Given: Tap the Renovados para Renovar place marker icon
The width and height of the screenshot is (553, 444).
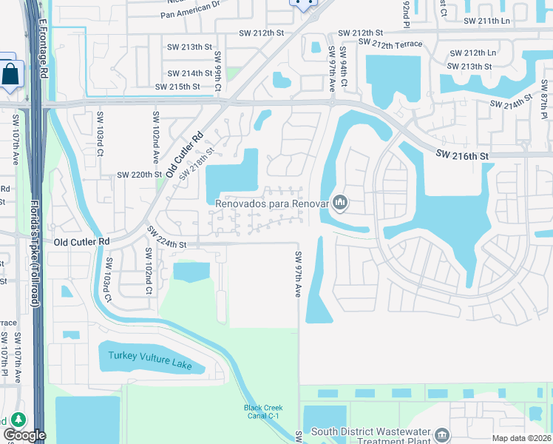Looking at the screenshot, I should [x=340, y=201].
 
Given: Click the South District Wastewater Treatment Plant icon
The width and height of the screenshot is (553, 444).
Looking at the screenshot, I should [x=442, y=433].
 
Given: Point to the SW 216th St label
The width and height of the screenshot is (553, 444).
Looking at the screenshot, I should [x=462, y=155].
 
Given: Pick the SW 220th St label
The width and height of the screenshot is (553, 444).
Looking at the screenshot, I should [x=140, y=175].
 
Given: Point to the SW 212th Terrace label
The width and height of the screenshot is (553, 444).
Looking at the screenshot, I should [x=390, y=44].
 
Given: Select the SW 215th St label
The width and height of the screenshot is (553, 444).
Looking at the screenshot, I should [x=177, y=87].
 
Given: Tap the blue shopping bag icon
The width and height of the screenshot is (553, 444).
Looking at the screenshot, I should [x=11, y=74].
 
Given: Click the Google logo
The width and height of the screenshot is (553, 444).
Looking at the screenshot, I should [x=25, y=435].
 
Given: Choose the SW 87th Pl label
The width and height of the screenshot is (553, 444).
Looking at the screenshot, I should [x=543, y=106].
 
